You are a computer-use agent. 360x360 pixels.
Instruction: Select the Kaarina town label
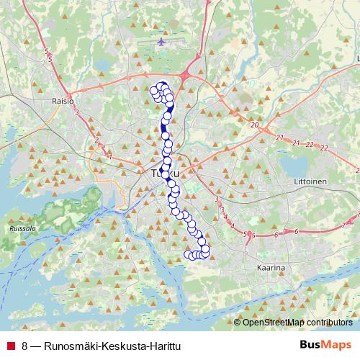tap(271, 267)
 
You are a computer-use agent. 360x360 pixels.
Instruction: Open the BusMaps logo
tap(325, 346)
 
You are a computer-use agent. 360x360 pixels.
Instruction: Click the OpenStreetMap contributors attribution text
tap(297, 323)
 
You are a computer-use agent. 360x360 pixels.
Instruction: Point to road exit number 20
tap(254, 125)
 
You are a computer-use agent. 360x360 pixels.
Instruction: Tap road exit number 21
tap(295, 143)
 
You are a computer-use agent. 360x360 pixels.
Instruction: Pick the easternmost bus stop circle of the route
tap(205, 250)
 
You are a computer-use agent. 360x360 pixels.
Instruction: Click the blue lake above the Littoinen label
tap(294, 164)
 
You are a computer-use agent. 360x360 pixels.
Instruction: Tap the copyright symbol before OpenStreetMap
tap(238, 323)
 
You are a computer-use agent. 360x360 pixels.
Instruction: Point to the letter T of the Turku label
tap(154, 174)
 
